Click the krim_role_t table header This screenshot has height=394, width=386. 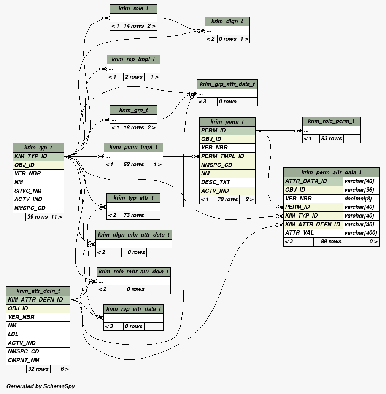coord(133,9)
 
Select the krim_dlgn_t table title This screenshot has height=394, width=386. coord(227,21)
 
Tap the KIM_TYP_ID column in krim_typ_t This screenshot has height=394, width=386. coord(38,156)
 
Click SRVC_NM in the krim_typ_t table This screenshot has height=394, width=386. coord(38,191)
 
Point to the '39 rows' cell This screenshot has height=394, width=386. coord(37,217)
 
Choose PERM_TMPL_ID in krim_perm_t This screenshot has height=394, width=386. coord(227,156)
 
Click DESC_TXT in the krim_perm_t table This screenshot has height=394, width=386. coord(227,182)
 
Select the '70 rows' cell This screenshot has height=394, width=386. coord(227,199)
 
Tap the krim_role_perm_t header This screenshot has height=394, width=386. coord(331,121)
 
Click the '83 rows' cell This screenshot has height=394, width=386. coord(331,138)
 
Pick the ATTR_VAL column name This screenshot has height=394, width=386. coord(313,233)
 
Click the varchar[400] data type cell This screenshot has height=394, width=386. coord(361,233)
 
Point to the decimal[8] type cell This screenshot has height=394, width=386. coord(361,199)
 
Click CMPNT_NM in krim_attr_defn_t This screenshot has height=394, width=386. coord(38,360)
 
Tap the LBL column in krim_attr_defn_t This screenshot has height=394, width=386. coord(38,334)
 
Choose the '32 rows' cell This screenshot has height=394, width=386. coord(37,369)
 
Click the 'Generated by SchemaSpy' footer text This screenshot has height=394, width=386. coord(41,386)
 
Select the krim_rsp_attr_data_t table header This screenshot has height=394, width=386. coord(133,309)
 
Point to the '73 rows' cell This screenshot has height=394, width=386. coord(134,215)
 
